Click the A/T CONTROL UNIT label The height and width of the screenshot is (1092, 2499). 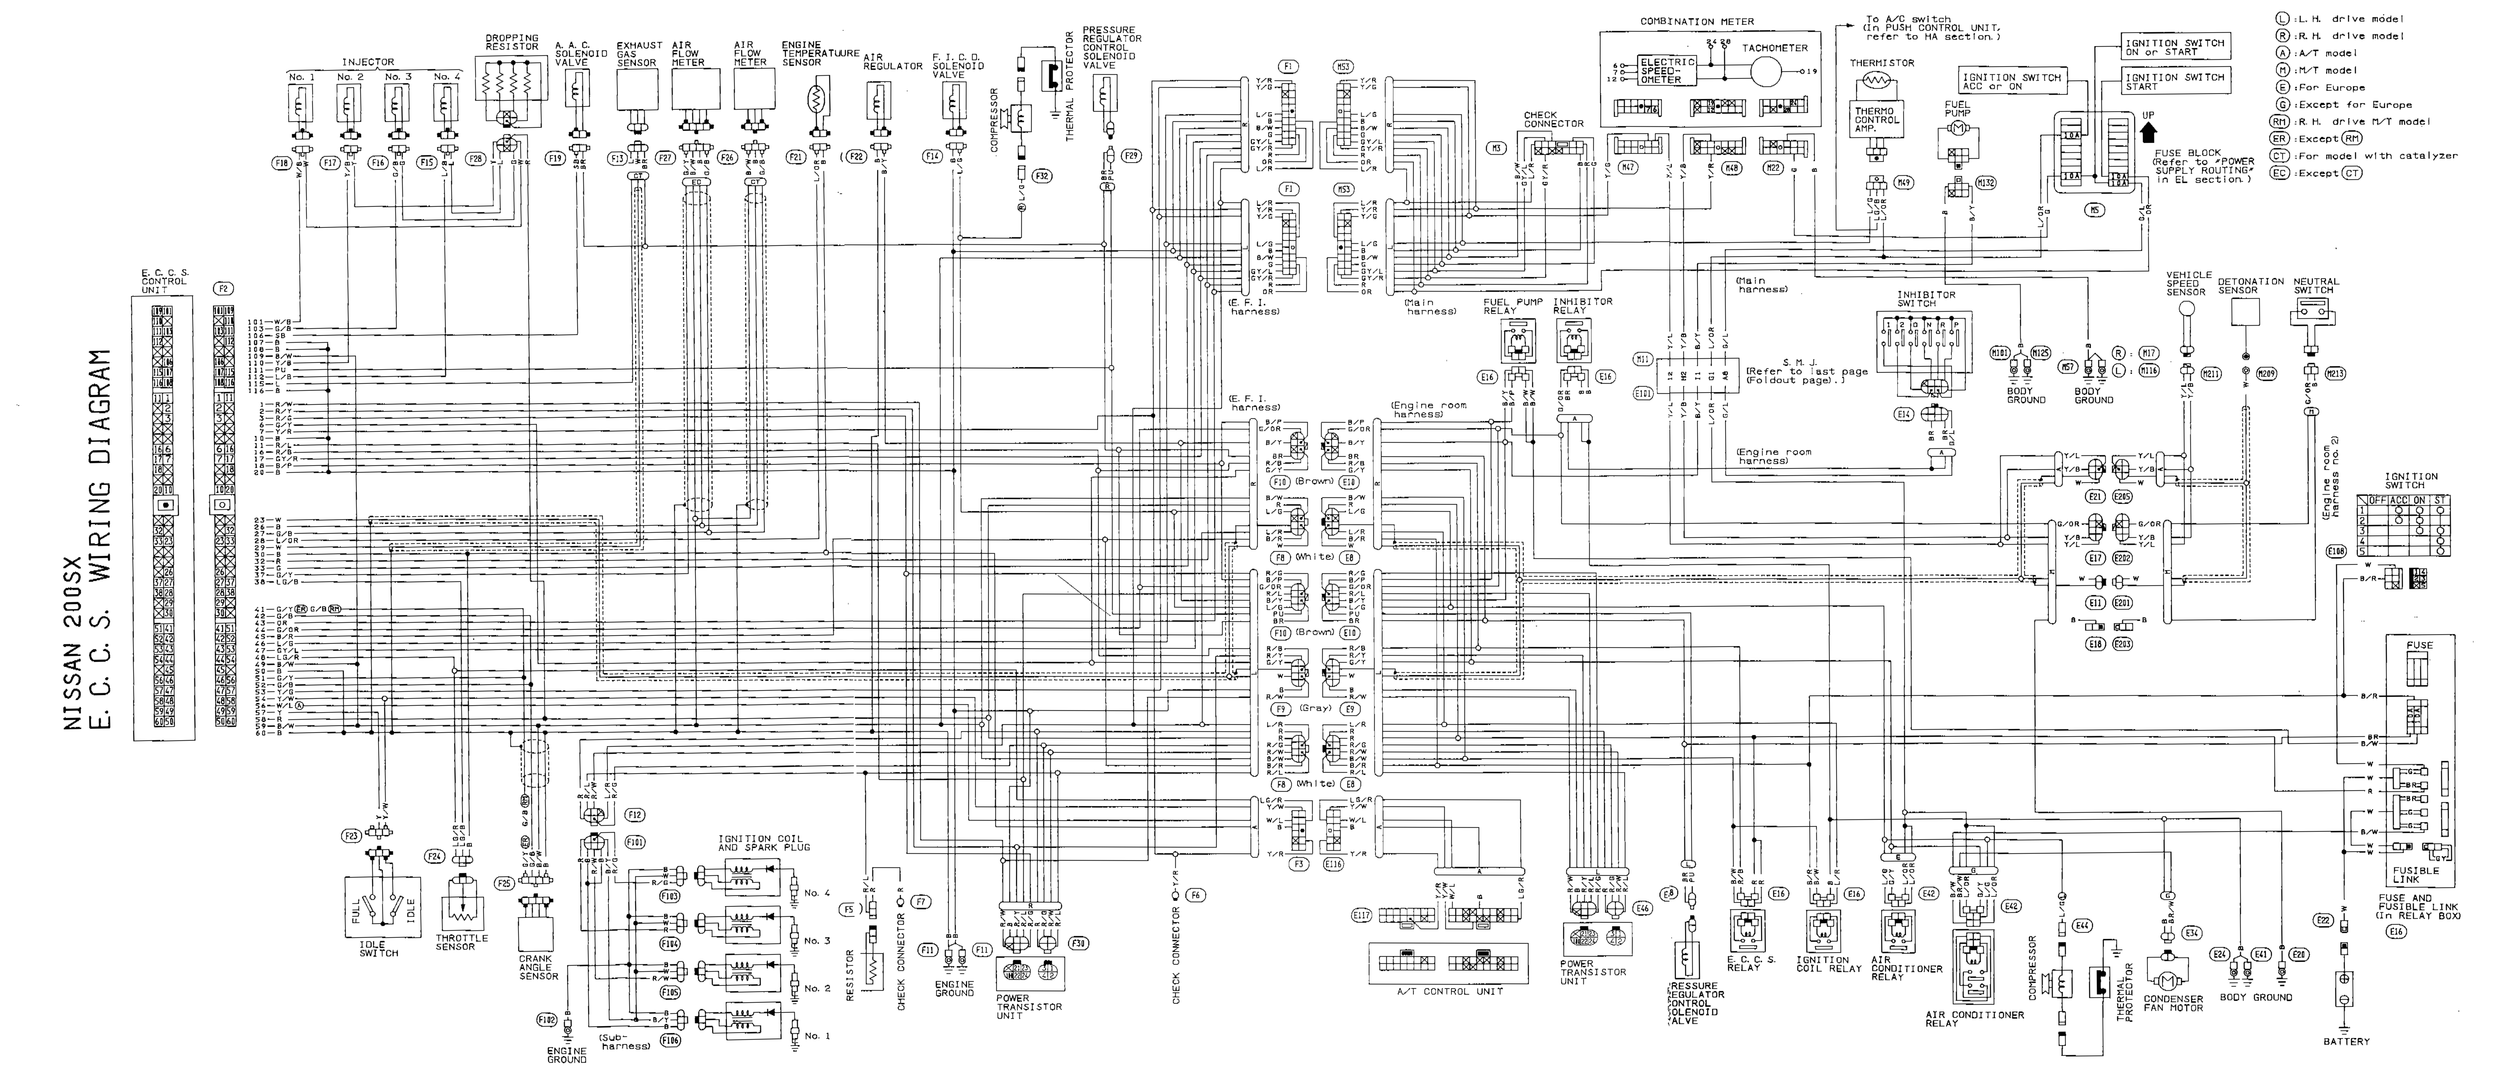click(1449, 991)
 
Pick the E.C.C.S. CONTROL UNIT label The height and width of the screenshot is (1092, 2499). click(164, 281)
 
